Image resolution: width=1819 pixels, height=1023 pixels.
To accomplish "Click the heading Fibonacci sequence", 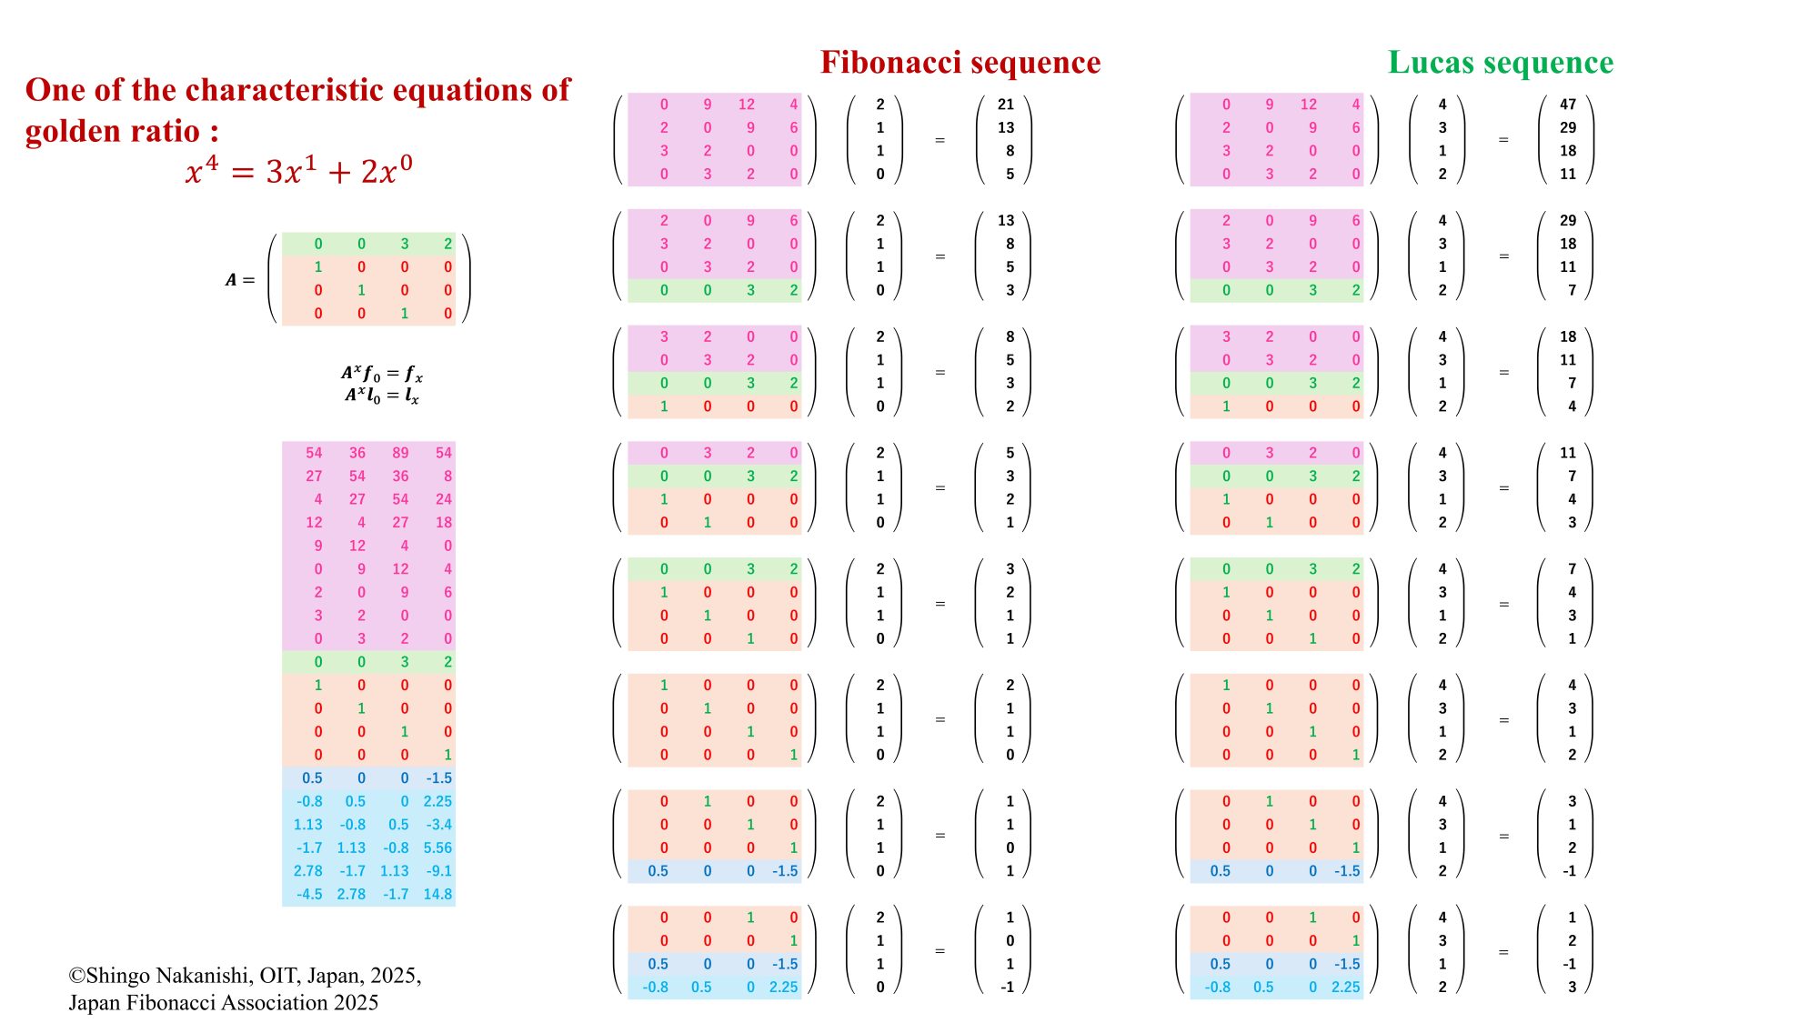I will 960,62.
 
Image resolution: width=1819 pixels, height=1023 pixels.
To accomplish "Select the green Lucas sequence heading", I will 1500,62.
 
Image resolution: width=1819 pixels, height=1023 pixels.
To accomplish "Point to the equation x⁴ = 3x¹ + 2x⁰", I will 298,170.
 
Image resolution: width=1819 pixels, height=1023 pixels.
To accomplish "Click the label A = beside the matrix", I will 240,280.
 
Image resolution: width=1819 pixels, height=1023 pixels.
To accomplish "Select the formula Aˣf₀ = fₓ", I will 382,373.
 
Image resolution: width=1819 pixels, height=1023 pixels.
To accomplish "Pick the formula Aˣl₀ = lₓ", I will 382,396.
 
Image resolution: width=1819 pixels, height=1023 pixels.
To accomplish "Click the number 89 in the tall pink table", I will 400,453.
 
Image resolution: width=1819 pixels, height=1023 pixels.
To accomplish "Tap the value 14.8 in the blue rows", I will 437,894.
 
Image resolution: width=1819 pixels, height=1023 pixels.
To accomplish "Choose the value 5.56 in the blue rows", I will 437,847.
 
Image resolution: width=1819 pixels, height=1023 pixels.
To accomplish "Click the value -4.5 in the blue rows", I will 309,894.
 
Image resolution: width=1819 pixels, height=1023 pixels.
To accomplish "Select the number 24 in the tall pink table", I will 443,499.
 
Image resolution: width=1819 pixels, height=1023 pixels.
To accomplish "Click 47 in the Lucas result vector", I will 1567,105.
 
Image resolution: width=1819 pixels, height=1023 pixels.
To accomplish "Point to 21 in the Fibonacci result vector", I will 1005,105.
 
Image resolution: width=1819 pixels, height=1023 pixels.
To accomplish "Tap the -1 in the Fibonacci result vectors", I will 1007,988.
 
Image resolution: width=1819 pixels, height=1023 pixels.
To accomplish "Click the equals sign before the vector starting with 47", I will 1503,140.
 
